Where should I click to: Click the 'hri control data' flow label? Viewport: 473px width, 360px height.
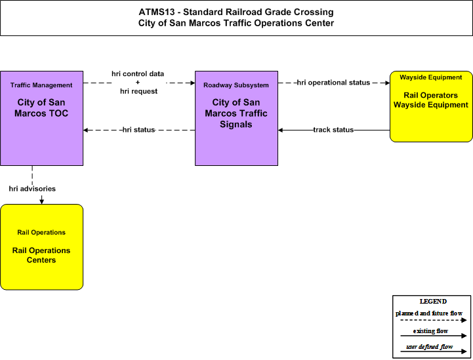(x=138, y=74)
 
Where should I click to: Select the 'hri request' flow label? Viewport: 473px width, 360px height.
(x=139, y=91)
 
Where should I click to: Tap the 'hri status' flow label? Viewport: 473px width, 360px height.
(x=139, y=130)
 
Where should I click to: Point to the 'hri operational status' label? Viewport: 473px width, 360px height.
(x=333, y=83)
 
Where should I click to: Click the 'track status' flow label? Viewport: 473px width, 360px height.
(x=333, y=130)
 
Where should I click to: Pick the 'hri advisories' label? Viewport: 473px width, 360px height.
(x=32, y=189)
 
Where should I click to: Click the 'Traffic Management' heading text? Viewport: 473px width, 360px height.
(x=41, y=85)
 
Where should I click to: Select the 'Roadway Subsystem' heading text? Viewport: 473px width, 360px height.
(x=236, y=85)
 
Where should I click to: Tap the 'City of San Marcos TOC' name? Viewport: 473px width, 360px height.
(x=41, y=108)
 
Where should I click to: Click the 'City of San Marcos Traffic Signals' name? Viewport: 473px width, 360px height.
(x=236, y=113)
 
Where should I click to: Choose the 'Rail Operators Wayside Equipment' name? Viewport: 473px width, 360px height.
(x=431, y=100)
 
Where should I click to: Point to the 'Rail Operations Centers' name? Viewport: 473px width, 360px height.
(x=41, y=255)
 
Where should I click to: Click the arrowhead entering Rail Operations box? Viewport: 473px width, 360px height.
(x=41, y=201)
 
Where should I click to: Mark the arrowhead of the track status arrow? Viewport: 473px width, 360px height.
(x=281, y=130)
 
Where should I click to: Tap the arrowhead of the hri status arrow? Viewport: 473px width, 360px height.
(x=86, y=130)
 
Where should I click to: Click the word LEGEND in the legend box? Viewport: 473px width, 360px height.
(x=433, y=302)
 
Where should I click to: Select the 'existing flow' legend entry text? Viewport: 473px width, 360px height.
(x=430, y=331)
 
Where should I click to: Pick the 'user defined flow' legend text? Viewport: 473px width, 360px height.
(x=430, y=347)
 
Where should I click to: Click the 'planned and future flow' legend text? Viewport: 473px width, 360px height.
(x=429, y=313)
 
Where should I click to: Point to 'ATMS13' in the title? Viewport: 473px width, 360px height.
(x=157, y=12)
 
